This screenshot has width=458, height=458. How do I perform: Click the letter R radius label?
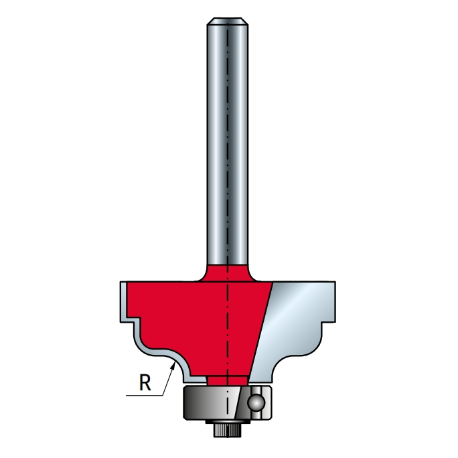[x=145, y=382]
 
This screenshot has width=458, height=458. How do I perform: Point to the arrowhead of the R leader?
[x=173, y=365]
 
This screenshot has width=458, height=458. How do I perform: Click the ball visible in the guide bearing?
[x=256, y=403]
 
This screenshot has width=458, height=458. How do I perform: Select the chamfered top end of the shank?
[x=228, y=21]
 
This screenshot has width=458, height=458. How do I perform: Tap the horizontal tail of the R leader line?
[x=144, y=396]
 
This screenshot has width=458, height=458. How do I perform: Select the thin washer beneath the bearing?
[x=228, y=422]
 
